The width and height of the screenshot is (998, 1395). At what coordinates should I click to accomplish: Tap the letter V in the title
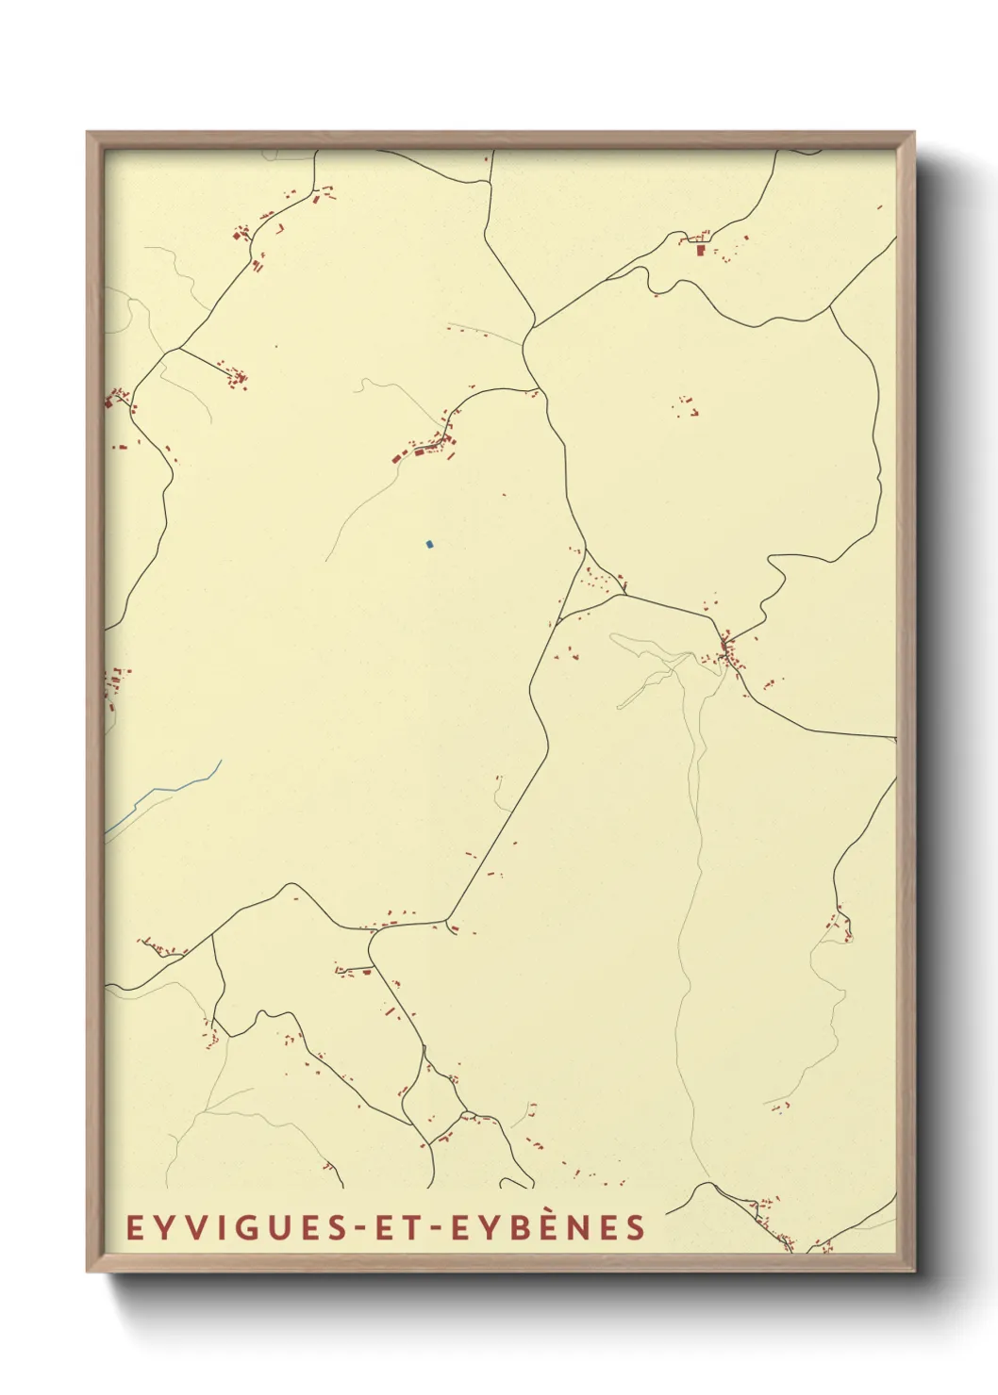tap(188, 1228)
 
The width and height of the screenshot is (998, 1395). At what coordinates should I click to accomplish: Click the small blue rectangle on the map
tap(429, 544)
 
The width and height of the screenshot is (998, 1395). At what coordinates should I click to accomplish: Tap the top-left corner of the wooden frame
tap(89, 134)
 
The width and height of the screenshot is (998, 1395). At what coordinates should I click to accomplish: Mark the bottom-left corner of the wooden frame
tap(89, 1270)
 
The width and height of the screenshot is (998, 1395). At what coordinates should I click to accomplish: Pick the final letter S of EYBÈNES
tap(637, 1228)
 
